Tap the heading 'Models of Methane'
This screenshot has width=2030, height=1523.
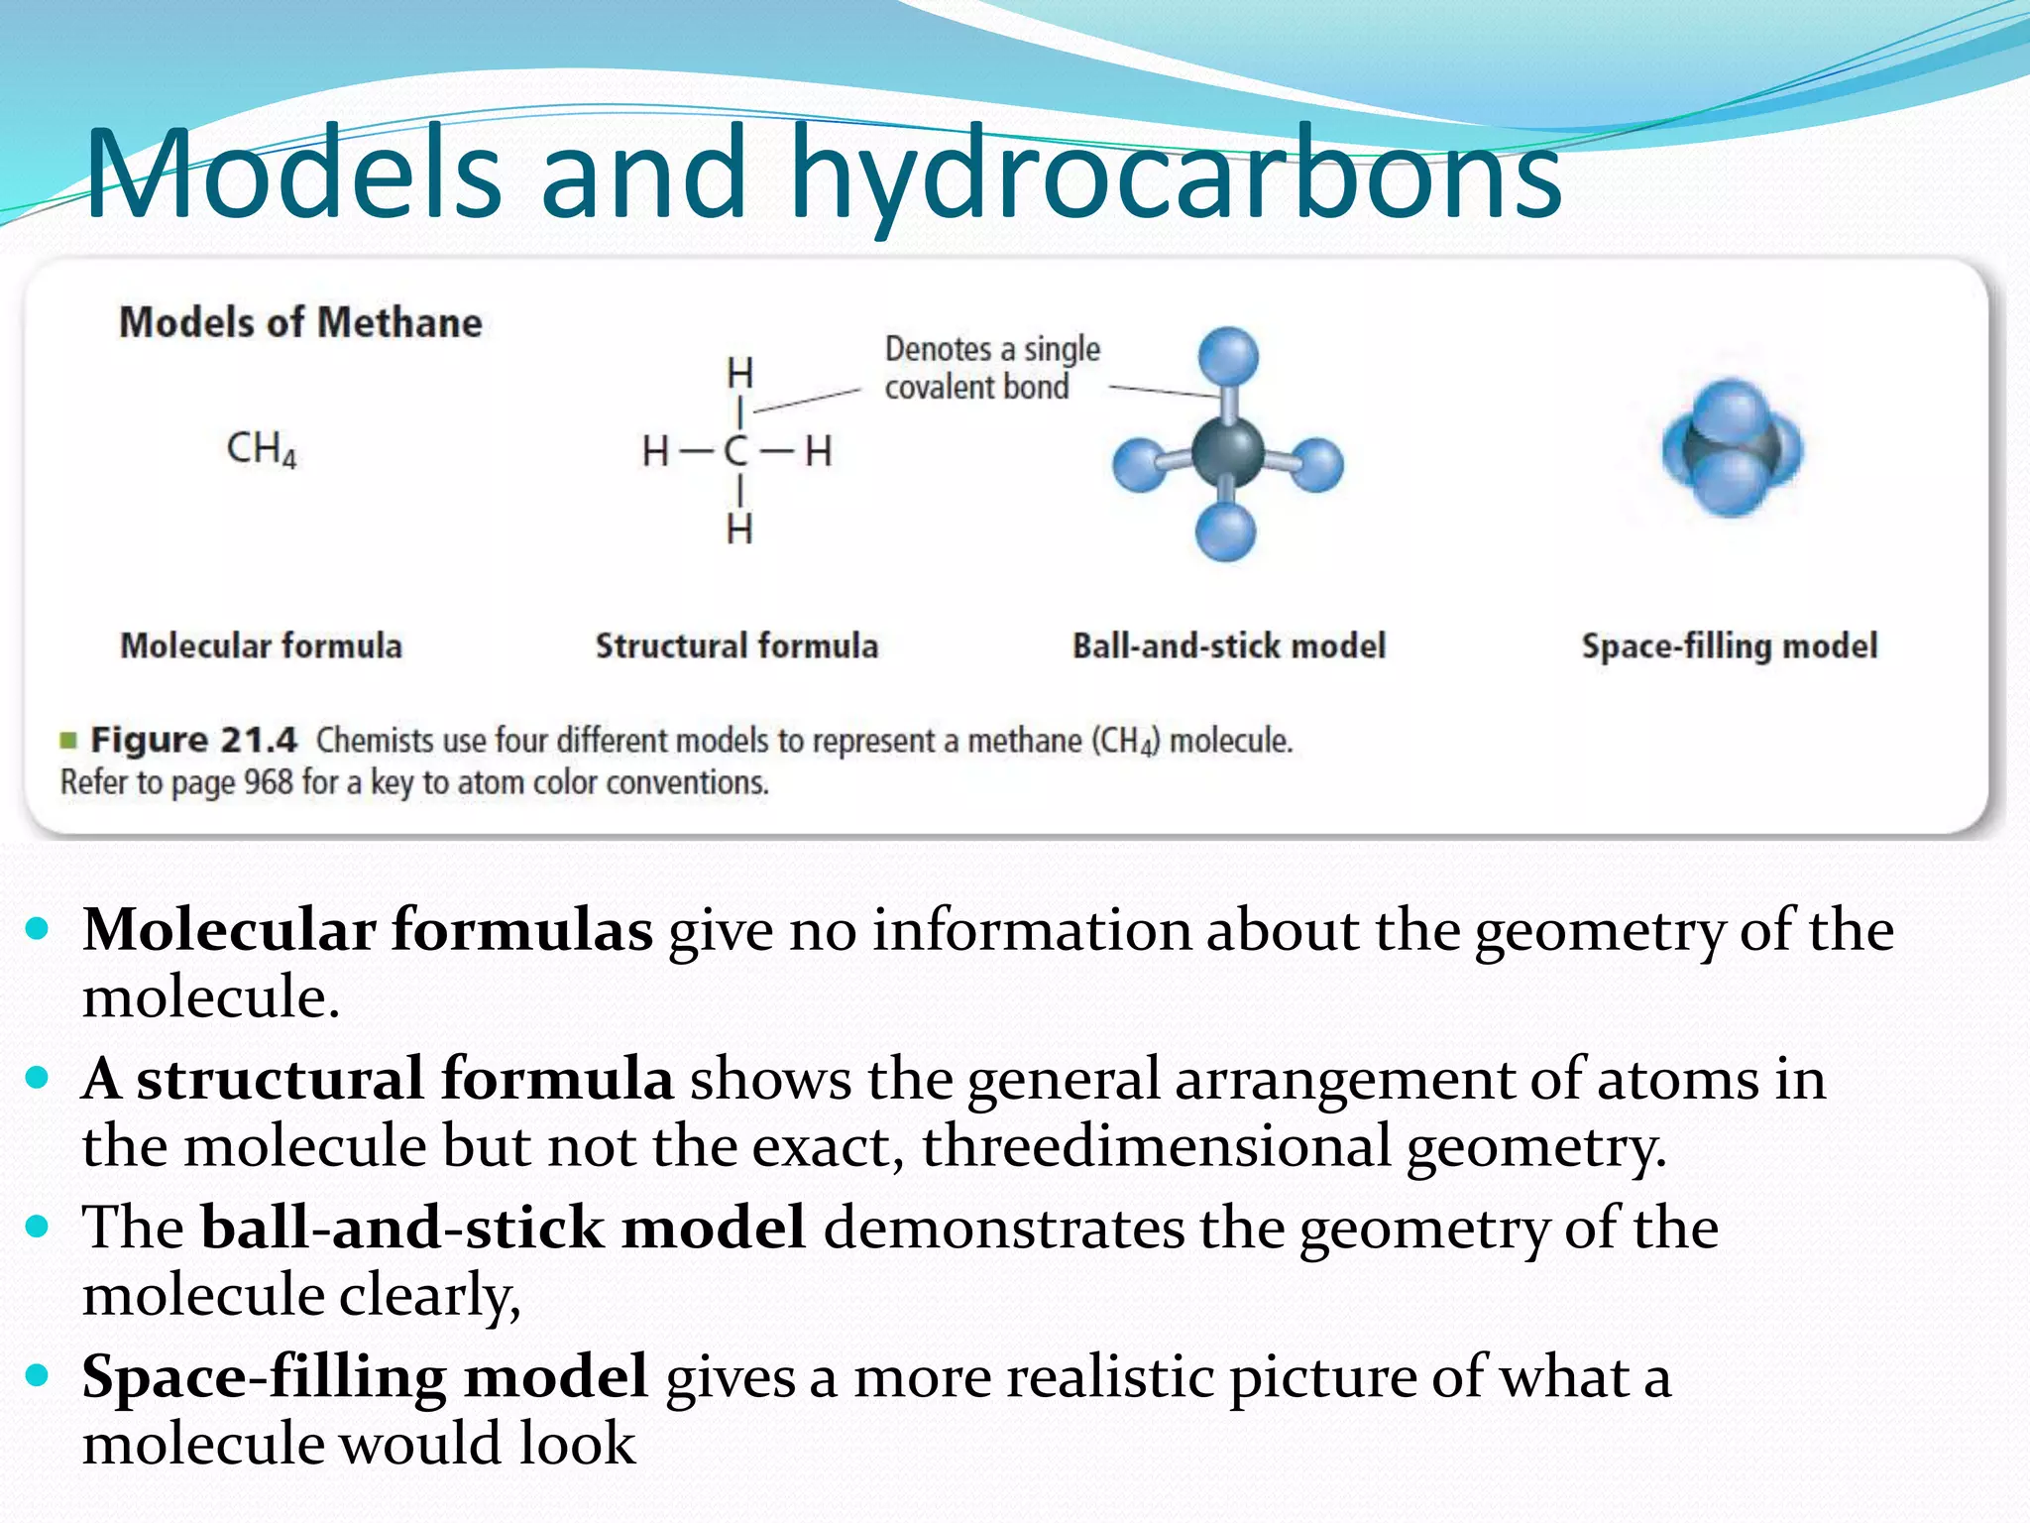300,323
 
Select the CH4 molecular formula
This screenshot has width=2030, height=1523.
262,448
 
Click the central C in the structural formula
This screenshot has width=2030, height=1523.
735,452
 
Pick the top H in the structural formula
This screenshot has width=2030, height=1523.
739,374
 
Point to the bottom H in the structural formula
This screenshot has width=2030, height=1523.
739,530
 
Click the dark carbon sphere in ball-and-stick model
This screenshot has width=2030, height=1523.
1227,452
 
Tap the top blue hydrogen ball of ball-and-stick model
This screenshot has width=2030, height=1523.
1228,357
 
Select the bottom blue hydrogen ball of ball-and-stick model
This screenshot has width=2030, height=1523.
1226,532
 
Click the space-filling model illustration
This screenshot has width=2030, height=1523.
1732,448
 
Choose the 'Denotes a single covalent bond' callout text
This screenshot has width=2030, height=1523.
991,368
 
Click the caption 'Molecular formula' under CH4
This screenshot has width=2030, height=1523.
262,646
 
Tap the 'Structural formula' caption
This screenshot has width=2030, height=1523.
736,646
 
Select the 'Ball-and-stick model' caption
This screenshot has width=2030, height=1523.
1228,646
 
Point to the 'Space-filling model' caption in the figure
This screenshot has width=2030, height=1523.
1729,646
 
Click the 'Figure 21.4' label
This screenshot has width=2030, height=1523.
194,741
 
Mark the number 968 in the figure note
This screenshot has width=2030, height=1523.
268,782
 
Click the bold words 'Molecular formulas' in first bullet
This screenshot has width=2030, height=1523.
368,931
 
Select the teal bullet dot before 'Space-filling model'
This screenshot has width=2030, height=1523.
38,1375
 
